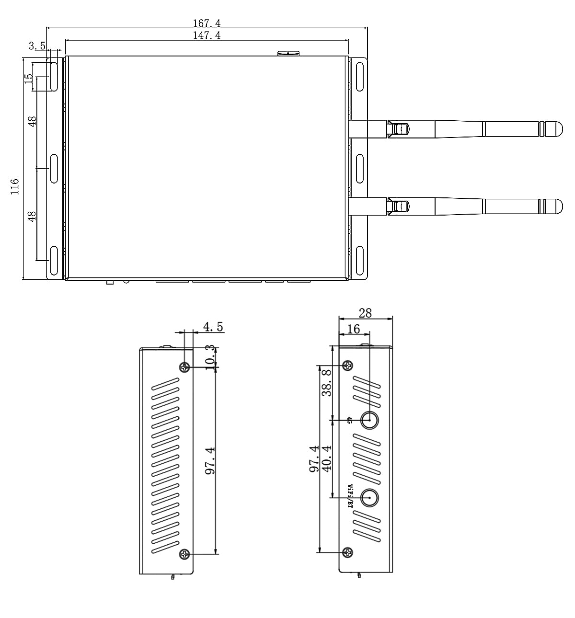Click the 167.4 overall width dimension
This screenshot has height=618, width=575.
(207, 23)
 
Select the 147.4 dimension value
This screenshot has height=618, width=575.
(207, 35)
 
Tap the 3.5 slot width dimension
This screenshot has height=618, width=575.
(37, 46)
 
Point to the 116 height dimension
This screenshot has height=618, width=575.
(14, 186)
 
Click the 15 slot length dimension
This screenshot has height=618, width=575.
(29, 79)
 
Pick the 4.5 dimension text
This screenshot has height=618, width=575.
(213, 327)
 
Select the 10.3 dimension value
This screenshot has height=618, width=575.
(209, 356)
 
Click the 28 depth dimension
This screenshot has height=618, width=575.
(365, 313)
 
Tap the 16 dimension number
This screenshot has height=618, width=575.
(354, 329)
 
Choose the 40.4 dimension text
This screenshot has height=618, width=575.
(327, 458)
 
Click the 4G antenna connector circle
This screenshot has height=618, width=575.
(369, 420)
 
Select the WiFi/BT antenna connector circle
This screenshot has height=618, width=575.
(369, 498)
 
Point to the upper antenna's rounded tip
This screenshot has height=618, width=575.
(556, 128)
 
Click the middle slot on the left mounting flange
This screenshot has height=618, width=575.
(54, 168)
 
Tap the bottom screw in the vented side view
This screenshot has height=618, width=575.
(185, 554)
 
